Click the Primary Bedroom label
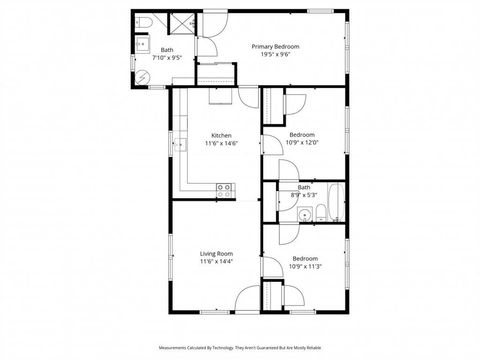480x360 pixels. click(275, 46)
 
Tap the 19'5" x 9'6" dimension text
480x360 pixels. click(275, 55)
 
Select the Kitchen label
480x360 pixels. click(222, 136)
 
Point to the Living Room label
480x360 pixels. click(216, 254)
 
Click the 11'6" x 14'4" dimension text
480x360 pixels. click(216, 262)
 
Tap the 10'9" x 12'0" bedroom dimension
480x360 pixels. click(303, 143)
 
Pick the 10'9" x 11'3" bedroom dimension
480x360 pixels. click(303, 265)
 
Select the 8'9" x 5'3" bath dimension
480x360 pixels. click(303, 194)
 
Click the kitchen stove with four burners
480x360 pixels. click(226, 187)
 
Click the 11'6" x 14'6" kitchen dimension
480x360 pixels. click(222, 144)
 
